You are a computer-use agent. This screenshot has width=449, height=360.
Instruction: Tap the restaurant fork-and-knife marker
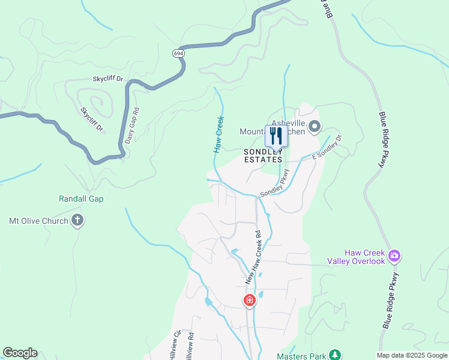276,136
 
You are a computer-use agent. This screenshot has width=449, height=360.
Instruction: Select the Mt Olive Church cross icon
77,221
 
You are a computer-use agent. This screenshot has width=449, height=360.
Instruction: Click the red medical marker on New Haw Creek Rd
249,300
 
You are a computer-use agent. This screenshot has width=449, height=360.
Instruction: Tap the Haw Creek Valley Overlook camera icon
394,257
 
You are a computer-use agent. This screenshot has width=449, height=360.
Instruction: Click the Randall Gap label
81,199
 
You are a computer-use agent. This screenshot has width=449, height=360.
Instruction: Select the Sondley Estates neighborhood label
263,156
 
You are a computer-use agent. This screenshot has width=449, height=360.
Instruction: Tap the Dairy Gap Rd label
132,125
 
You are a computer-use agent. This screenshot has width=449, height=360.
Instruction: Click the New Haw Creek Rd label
254,257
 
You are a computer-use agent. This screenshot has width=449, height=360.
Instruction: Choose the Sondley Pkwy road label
275,183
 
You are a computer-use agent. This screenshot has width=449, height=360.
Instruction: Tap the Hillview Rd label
191,346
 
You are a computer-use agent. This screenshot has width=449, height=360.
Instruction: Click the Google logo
20,353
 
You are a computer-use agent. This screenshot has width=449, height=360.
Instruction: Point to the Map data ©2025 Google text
412,355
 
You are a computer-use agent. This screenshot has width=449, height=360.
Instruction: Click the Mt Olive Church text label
38,221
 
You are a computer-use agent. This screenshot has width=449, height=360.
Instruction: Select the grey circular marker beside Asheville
315,126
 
